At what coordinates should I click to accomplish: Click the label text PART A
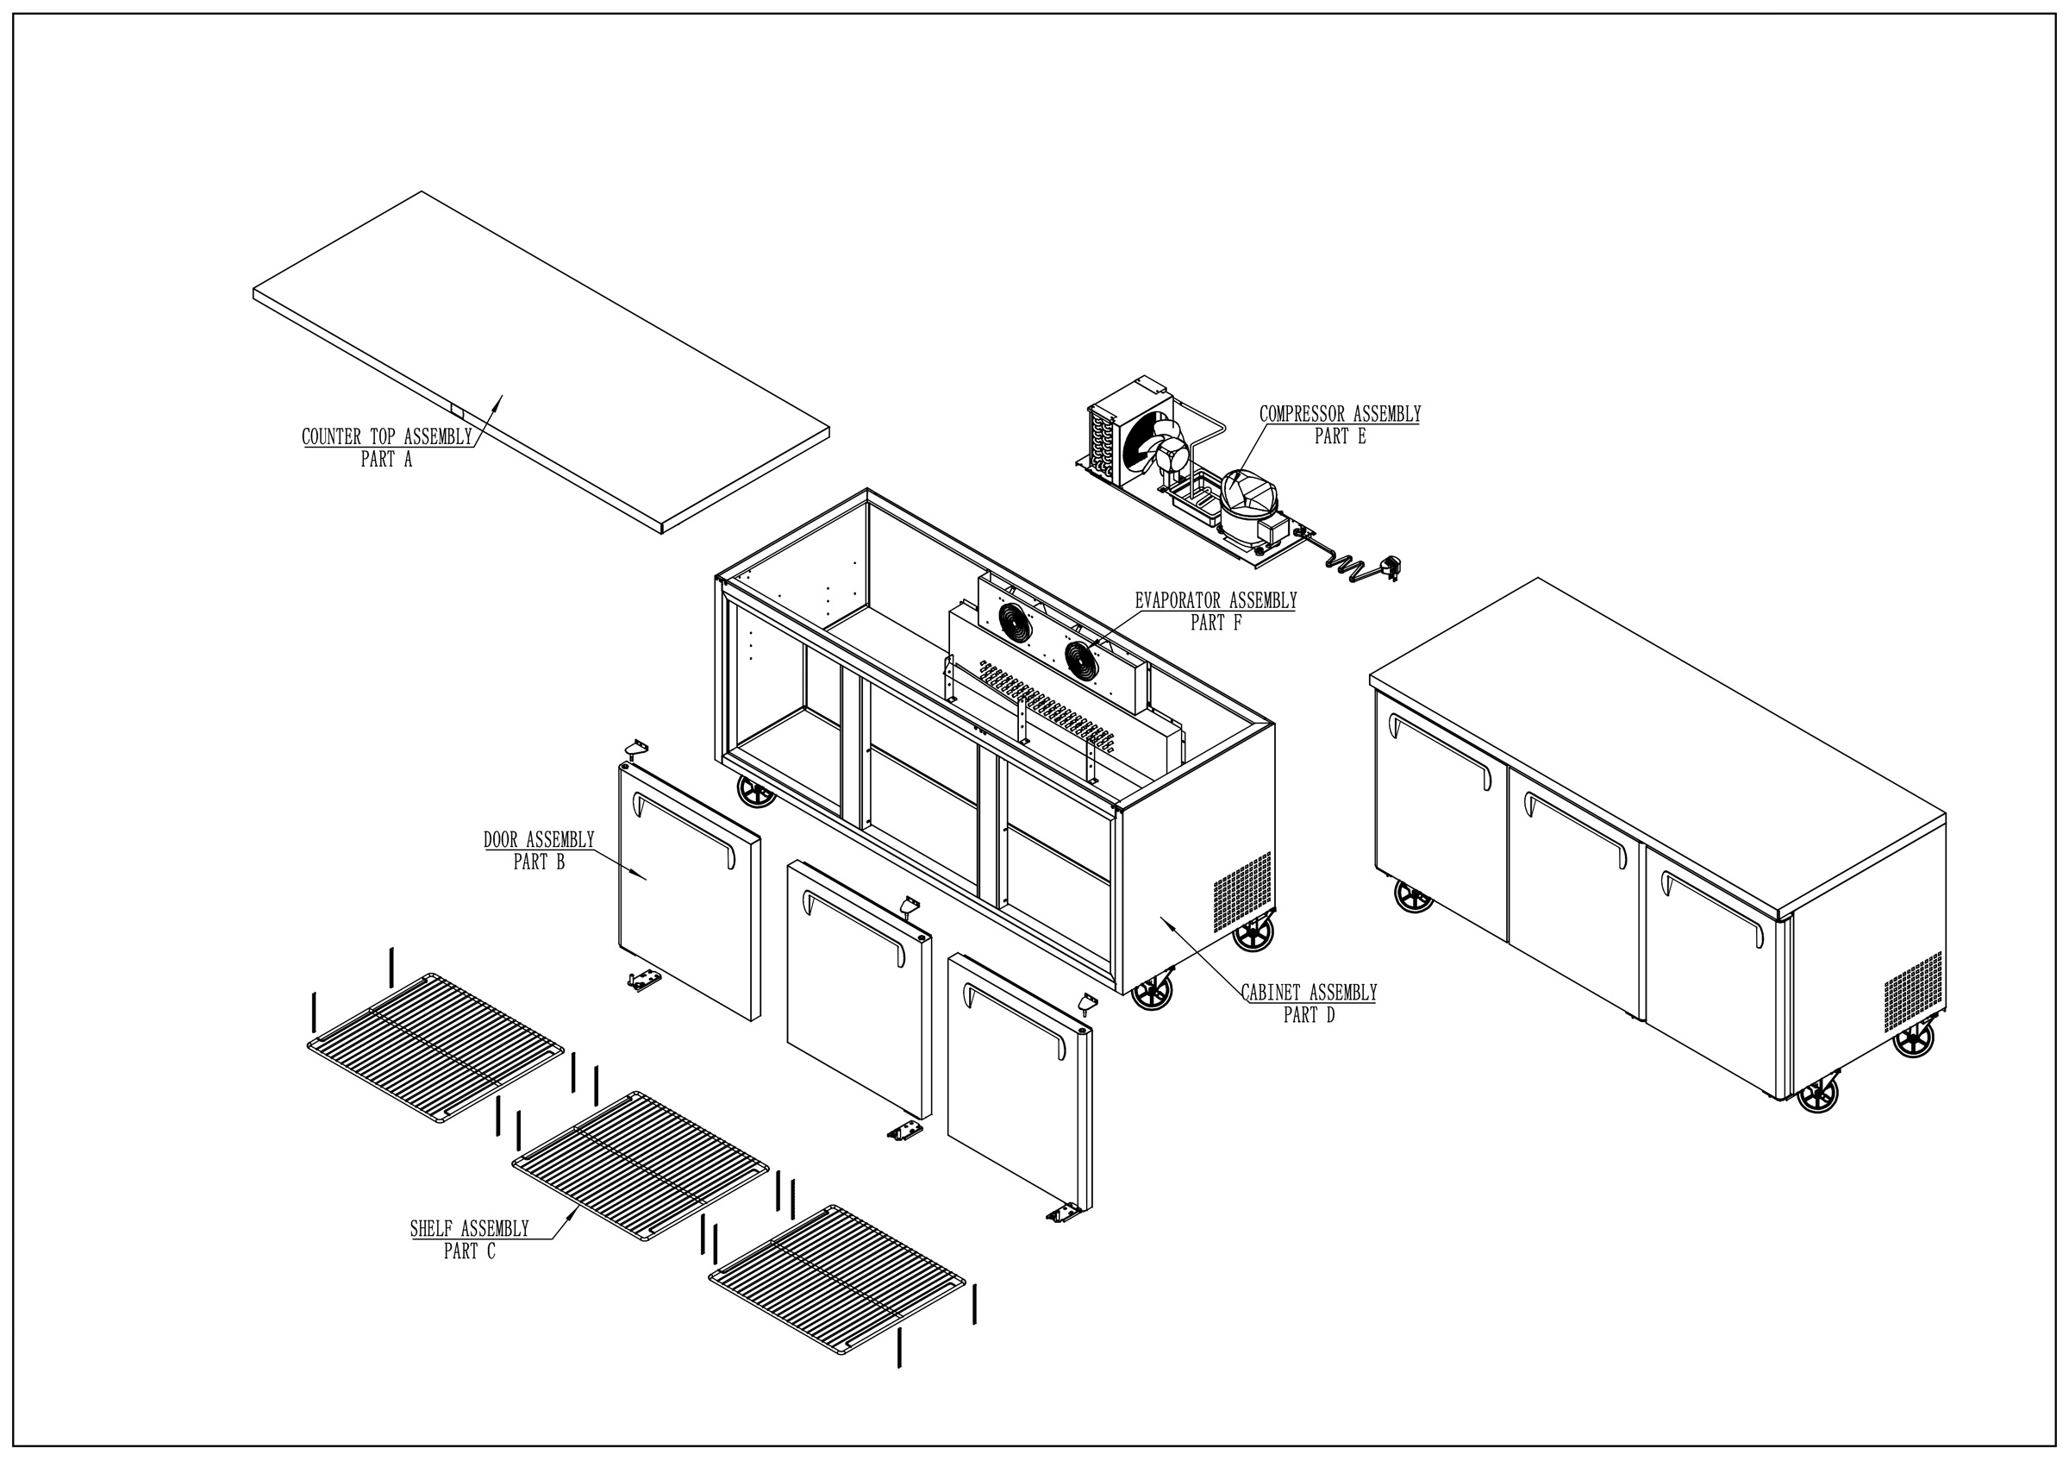[385, 460]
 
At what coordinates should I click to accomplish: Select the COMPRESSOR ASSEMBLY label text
[1339, 415]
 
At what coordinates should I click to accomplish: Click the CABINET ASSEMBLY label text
[1309, 994]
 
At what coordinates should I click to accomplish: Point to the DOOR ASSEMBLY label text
[539, 840]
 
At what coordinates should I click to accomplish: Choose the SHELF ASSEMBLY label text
[469, 1228]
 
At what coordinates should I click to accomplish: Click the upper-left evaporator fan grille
[1016, 622]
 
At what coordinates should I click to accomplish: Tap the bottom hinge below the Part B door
[641, 981]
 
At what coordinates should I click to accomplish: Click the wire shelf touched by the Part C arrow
[640, 1165]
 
